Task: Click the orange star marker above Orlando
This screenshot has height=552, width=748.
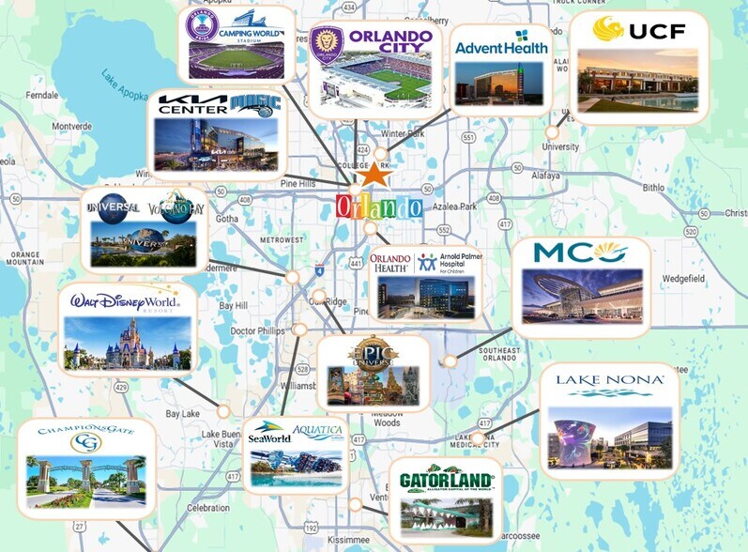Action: pos(374,175)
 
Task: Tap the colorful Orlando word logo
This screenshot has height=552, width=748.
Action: pos(378,207)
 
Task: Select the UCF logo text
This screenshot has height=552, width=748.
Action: pos(637,31)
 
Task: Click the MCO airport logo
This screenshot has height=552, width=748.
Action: pos(580,253)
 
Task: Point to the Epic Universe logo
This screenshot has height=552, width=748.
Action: pos(374,354)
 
